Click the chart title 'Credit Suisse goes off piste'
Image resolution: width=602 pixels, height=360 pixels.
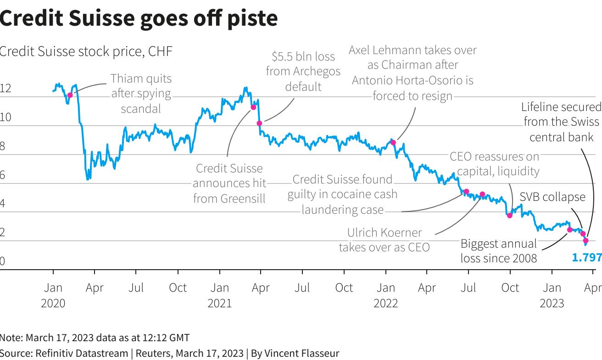pos(139,18)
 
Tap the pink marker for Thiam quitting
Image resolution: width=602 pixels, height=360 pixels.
pos(70,95)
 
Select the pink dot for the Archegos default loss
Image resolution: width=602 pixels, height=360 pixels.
pos(259,123)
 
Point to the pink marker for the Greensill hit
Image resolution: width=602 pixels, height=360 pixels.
pos(253,107)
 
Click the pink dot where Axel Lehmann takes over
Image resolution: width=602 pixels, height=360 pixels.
pos(393,143)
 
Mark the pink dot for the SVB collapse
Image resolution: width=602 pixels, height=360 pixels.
pos(583,234)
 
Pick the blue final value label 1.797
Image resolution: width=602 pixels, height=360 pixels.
pos(586,258)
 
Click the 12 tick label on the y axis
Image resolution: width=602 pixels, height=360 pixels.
pos(5,89)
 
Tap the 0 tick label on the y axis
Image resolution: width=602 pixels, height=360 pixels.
pos(2,261)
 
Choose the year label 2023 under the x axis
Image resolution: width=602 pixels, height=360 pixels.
pos(552,303)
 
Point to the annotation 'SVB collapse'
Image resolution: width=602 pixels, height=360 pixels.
pos(552,197)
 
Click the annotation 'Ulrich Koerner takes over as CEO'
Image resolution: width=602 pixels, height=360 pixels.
pos(385,240)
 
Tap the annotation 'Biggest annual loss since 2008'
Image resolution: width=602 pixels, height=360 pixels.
pos(498,251)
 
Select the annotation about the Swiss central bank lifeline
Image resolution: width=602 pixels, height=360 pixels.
pos(561,122)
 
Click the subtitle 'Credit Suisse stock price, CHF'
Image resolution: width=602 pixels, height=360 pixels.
pos(86,51)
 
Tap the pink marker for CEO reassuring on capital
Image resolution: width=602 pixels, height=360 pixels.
pos(509,215)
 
